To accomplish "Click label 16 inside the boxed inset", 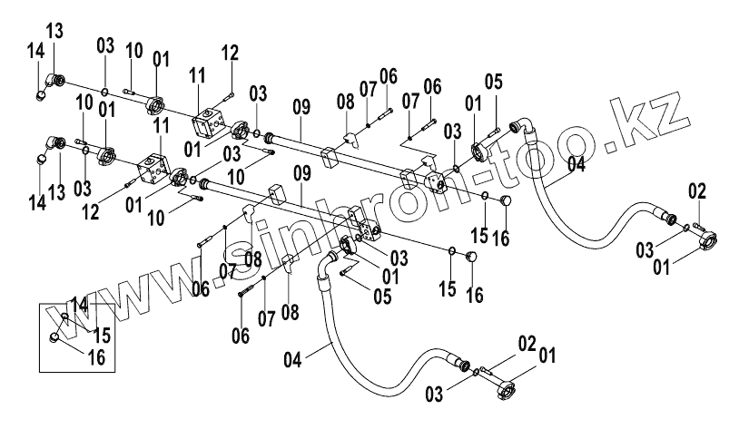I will (96, 357).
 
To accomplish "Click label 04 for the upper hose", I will (576, 164).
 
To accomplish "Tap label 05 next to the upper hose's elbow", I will (493, 82).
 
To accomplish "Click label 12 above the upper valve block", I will (228, 53).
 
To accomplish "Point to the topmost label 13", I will (55, 33).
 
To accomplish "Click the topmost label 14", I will (34, 51).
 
